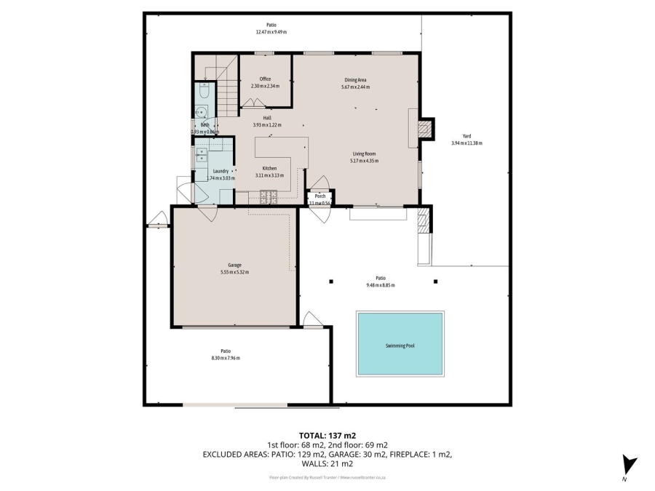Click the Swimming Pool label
click(x=400, y=346)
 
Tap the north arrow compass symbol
click(x=629, y=466)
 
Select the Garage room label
click(x=234, y=265)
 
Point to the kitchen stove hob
click(x=269, y=196)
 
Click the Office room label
click(x=265, y=79)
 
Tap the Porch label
click(x=319, y=196)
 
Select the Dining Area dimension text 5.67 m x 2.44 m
click(x=355, y=87)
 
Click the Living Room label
click(x=364, y=153)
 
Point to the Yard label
click(x=467, y=135)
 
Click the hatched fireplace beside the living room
click(x=426, y=129)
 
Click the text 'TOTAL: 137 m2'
click(x=327, y=434)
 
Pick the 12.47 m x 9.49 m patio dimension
click(x=271, y=32)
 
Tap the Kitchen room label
click(x=269, y=168)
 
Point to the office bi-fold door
click(x=253, y=103)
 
